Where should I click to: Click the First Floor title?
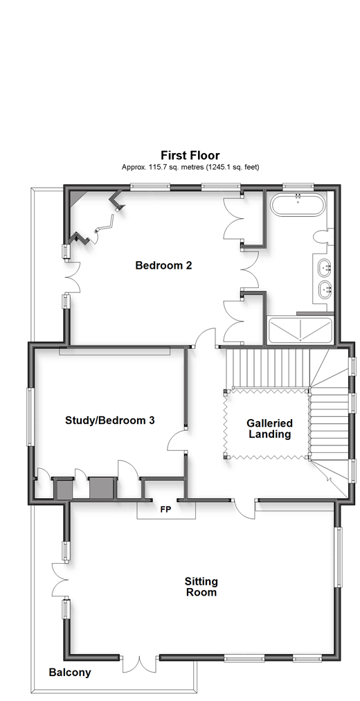(x=190, y=156)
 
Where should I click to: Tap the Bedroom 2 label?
(x=163, y=265)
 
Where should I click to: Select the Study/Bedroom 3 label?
(x=110, y=420)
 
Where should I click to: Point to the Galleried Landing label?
(x=270, y=428)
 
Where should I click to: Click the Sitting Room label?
(x=201, y=587)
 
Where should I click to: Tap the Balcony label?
(x=70, y=672)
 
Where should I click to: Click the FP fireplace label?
(x=165, y=509)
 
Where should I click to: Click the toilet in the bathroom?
(x=322, y=237)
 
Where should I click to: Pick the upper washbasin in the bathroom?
(x=325, y=268)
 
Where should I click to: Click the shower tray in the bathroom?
(x=300, y=331)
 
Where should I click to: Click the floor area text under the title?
(x=190, y=167)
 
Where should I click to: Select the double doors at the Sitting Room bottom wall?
(x=141, y=664)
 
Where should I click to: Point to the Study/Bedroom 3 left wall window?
(x=30, y=417)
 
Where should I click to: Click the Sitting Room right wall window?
(x=339, y=557)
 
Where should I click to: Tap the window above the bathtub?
(x=298, y=186)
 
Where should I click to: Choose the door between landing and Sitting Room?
(x=245, y=508)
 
